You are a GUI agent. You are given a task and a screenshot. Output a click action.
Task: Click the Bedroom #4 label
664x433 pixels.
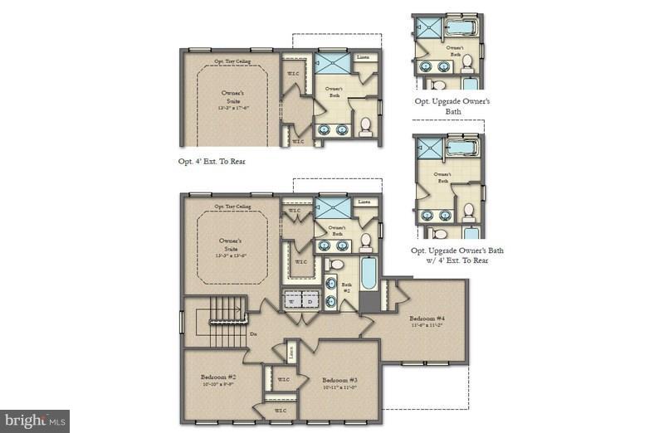pyautogui.click(x=427, y=319)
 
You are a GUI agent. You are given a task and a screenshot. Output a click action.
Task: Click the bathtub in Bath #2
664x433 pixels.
pyautogui.click(x=369, y=275)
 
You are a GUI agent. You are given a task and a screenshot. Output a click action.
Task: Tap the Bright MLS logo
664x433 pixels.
pyautogui.click(x=35, y=421)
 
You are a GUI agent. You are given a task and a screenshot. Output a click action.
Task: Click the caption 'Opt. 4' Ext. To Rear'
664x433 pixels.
pyautogui.click(x=212, y=161)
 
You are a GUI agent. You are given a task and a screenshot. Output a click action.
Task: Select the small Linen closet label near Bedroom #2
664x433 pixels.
pyautogui.click(x=291, y=350)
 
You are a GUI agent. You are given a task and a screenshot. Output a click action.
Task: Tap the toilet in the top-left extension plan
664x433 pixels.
pyautogui.click(x=365, y=126)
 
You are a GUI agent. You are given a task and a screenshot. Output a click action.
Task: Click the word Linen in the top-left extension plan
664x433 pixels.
pyautogui.click(x=363, y=58)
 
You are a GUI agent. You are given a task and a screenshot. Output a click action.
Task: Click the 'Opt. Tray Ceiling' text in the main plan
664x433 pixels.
pyautogui.click(x=232, y=207)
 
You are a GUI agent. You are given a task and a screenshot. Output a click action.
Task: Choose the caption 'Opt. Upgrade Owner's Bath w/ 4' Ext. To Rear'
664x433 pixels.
pyautogui.click(x=457, y=255)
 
